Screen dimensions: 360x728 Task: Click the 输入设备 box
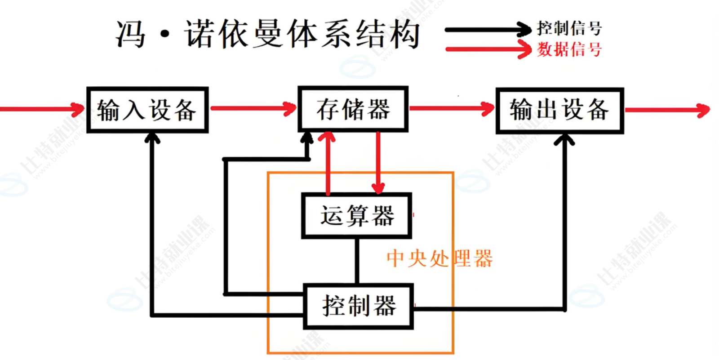pos(147,110)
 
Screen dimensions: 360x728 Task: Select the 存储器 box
pos(353,109)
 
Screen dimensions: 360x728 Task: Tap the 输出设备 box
pos(559,111)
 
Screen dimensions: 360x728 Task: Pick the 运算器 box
pos(357,216)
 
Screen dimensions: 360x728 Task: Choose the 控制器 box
pos(359,306)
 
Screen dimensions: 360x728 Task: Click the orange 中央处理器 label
pos(439,259)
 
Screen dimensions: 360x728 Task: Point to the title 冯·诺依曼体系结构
pos(268,34)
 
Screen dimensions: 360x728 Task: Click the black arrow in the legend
pos(488,30)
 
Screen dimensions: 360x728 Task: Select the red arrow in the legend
pos(488,49)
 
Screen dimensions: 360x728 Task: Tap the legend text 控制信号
pos(569,28)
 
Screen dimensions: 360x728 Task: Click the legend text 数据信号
pos(569,49)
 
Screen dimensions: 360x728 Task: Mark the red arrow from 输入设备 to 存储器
pos(253,108)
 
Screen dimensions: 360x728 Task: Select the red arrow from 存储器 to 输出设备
pos(452,108)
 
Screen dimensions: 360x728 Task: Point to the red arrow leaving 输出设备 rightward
pos(667,110)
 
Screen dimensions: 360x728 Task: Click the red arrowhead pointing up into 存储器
pos(327,137)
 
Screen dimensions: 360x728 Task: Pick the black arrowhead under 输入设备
pos(152,138)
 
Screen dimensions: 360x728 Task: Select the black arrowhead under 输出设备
pos(564,140)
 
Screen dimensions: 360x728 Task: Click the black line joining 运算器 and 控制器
pos(357,261)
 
